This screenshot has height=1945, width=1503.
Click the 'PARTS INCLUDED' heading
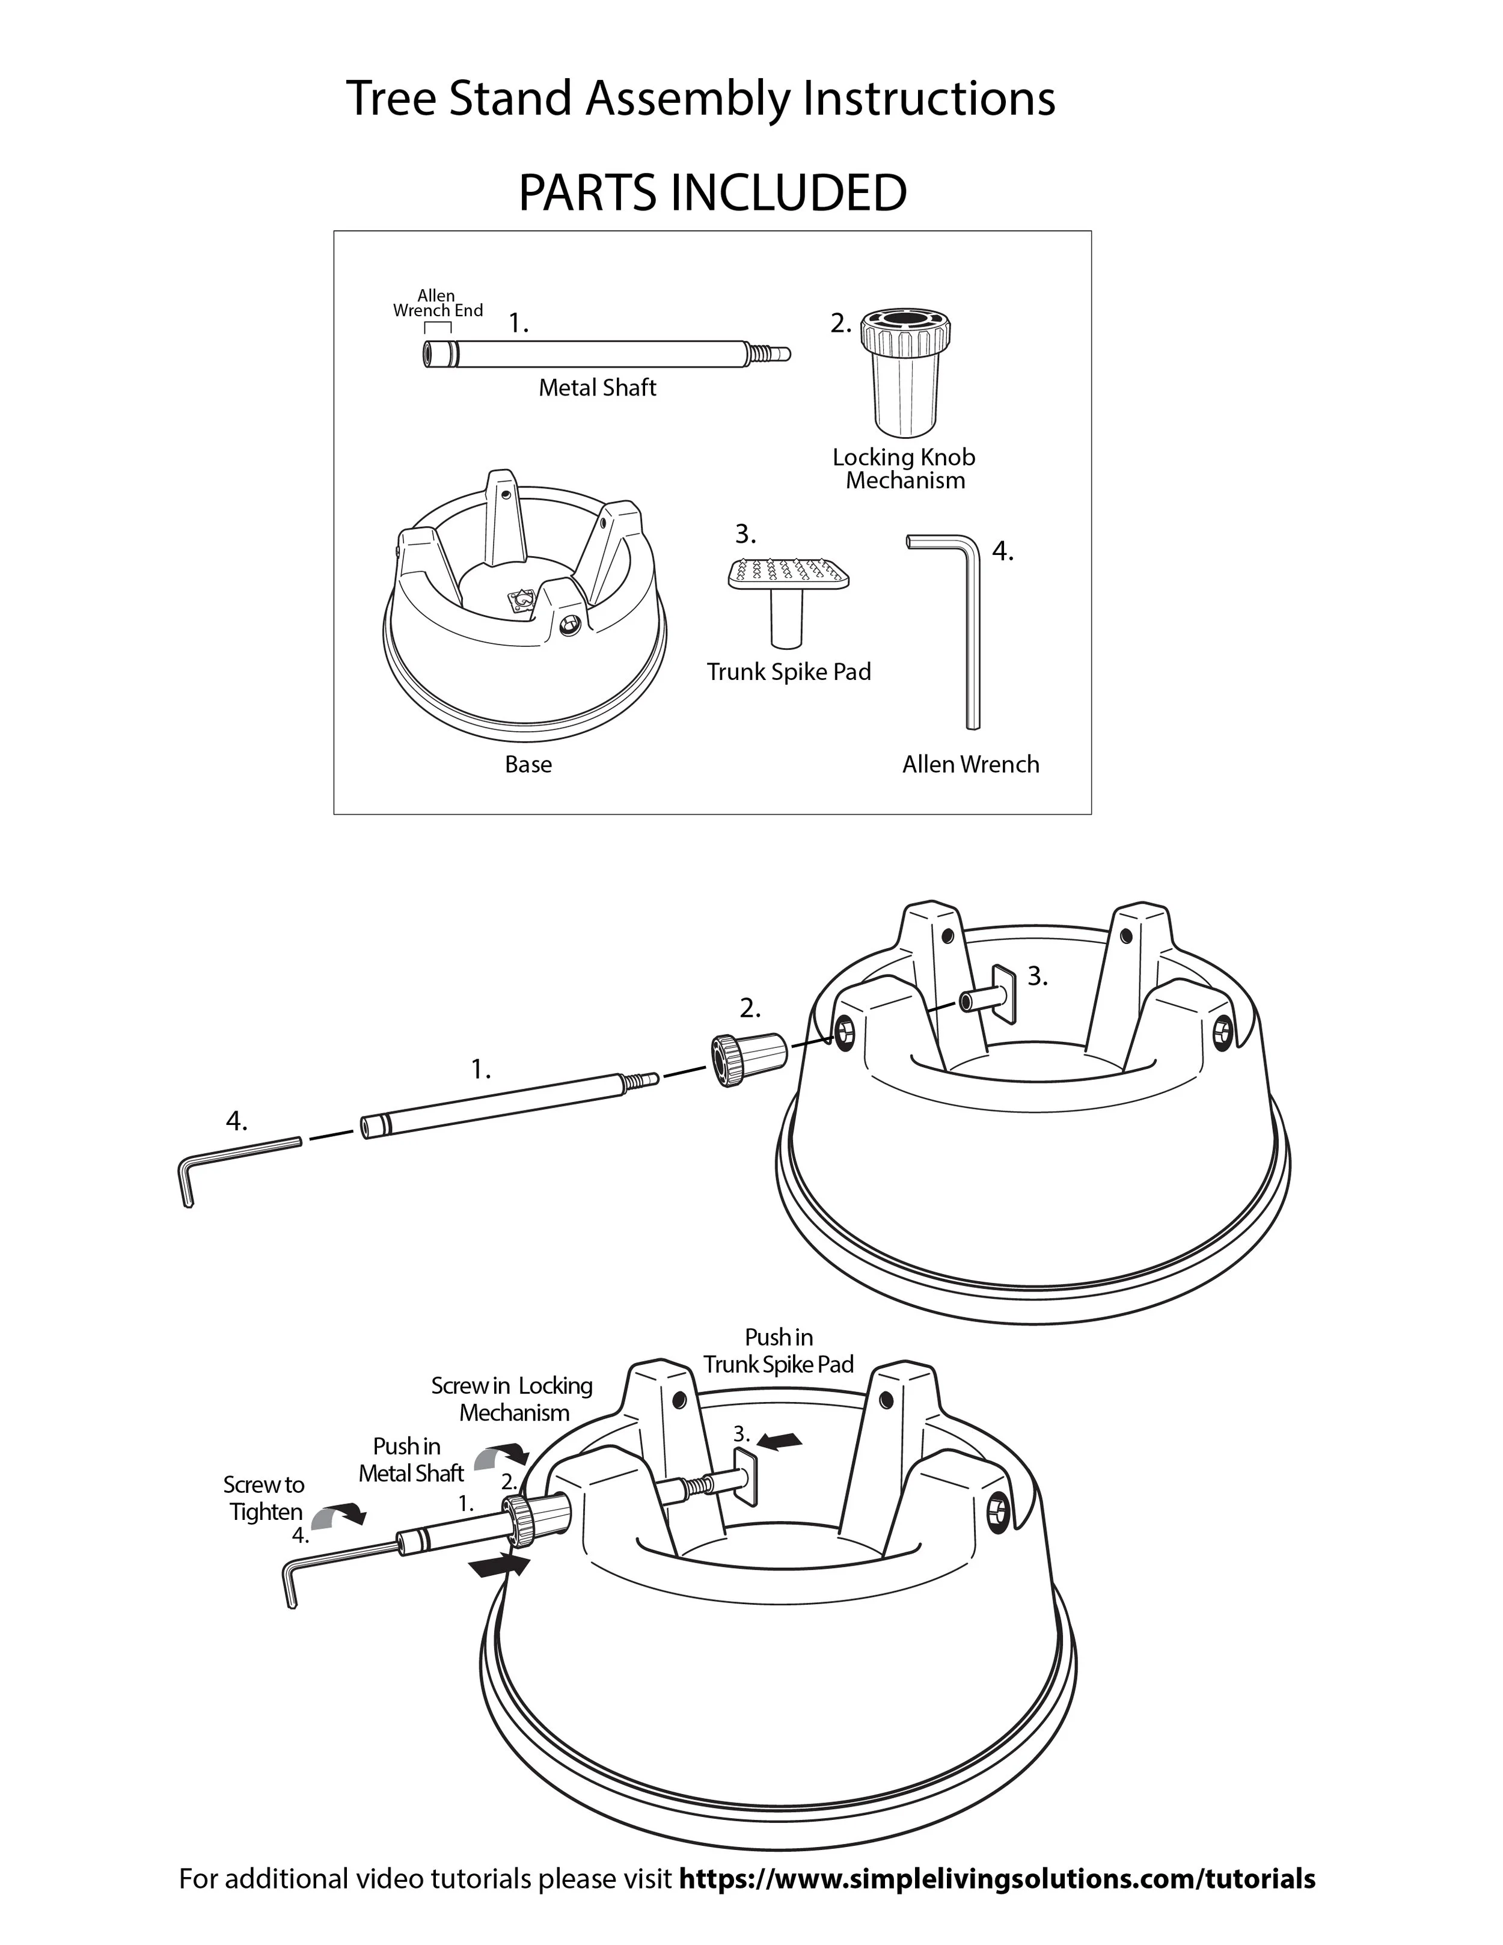pos(712,192)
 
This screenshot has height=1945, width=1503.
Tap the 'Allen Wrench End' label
pos(437,303)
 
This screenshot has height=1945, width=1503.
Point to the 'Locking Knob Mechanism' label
pos(904,468)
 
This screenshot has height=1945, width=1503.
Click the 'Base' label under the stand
pos(528,764)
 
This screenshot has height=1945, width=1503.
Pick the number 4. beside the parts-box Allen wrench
pos(1003,551)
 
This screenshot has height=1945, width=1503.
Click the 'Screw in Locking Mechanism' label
pos(513,1398)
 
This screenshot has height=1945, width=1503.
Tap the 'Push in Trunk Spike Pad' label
pos(778,1350)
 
